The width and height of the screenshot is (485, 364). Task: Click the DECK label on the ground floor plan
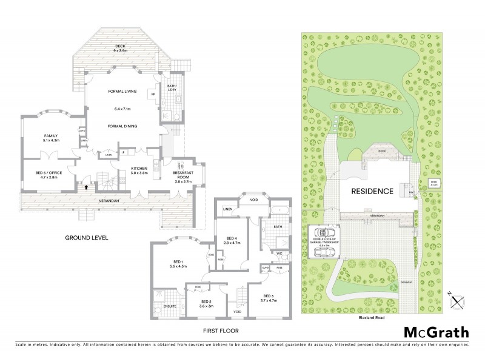(119, 47)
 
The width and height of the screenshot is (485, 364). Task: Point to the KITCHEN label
(140, 169)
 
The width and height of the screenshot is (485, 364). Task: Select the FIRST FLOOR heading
(222, 331)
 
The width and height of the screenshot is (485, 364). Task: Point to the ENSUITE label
(170, 306)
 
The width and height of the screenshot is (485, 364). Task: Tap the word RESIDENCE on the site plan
(373, 191)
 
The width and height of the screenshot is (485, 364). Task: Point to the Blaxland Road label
(372, 317)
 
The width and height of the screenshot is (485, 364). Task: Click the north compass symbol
(458, 298)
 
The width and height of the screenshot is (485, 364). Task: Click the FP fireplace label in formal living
(153, 95)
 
